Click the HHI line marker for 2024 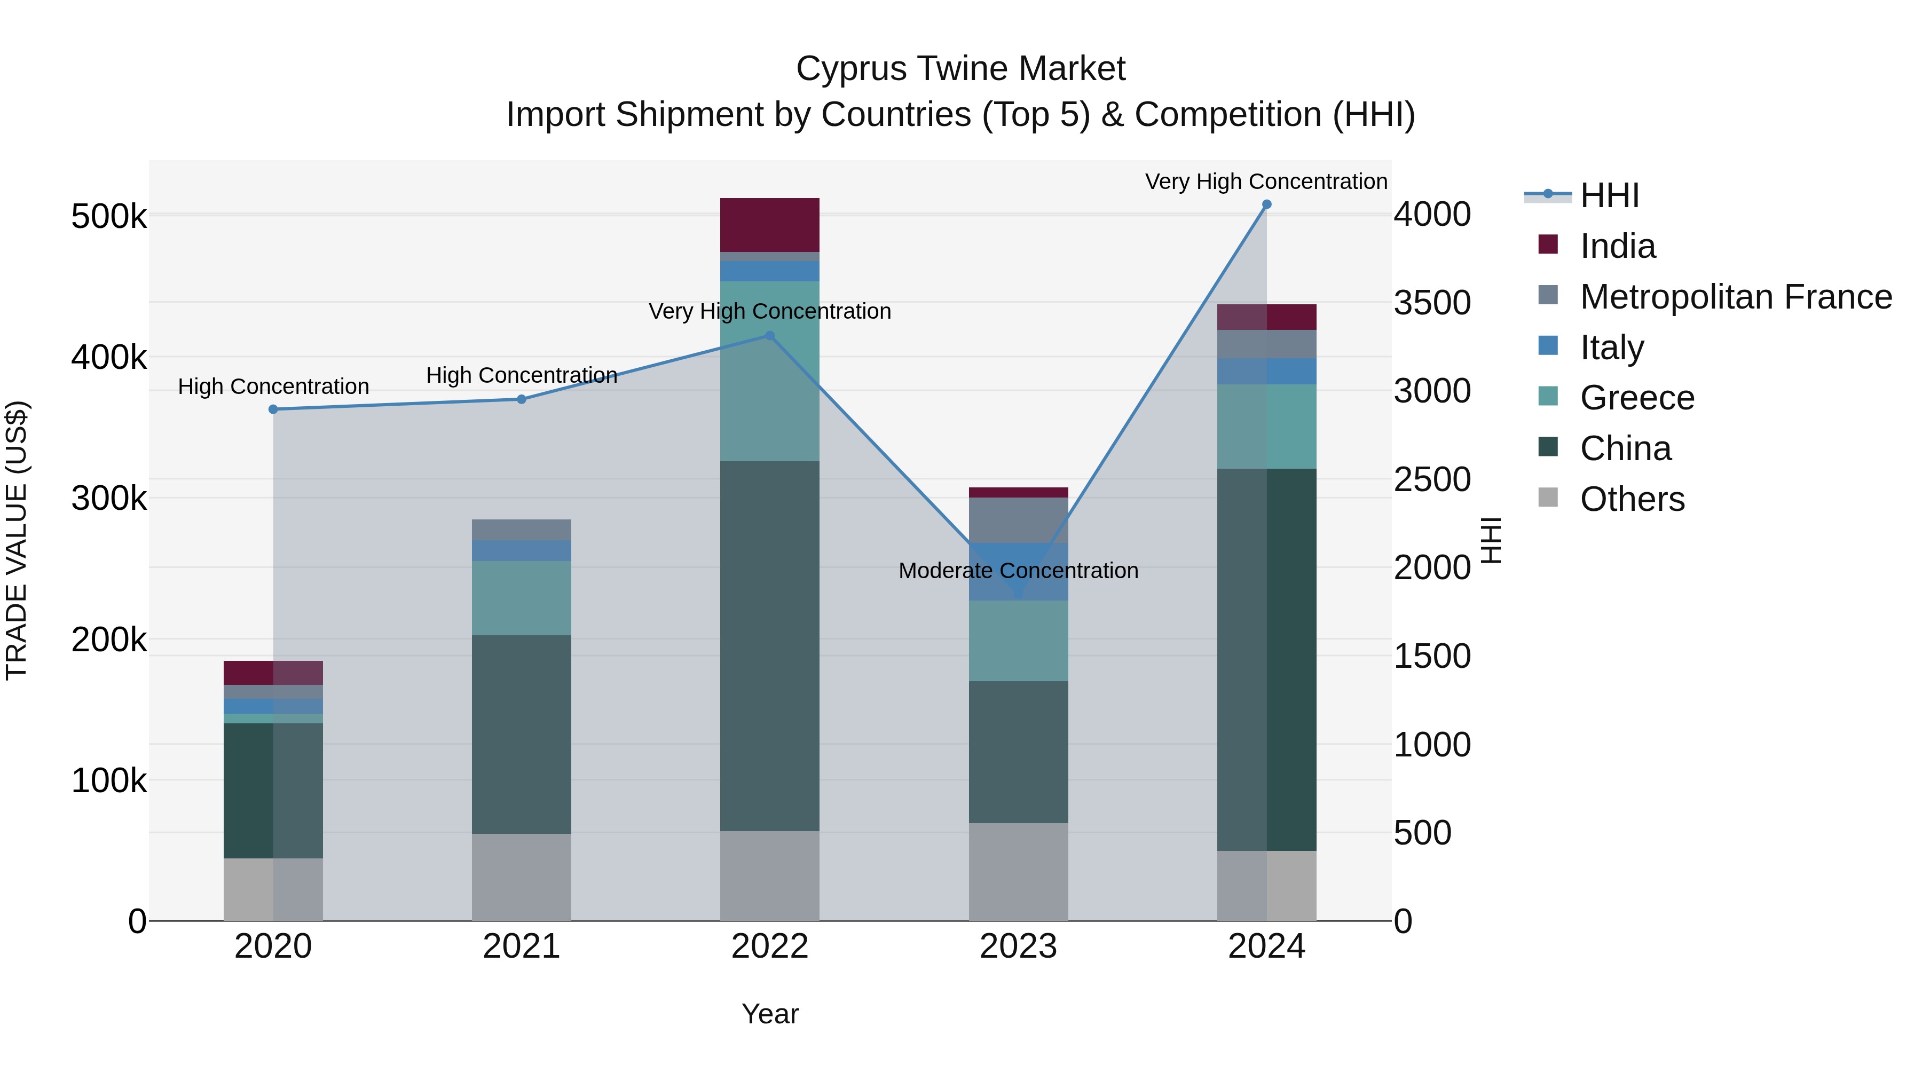[x=1266, y=204]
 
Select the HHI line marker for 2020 [x=273, y=409]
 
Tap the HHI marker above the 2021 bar [x=522, y=399]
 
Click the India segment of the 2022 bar [x=769, y=225]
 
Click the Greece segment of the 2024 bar [x=1266, y=426]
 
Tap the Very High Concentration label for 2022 [x=769, y=311]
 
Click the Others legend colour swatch [x=1548, y=498]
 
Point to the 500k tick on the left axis [x=109, y=217]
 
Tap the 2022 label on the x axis [x=769, y=946]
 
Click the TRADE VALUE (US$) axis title [x=17, y=540]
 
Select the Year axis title [x=769, y=1014]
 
